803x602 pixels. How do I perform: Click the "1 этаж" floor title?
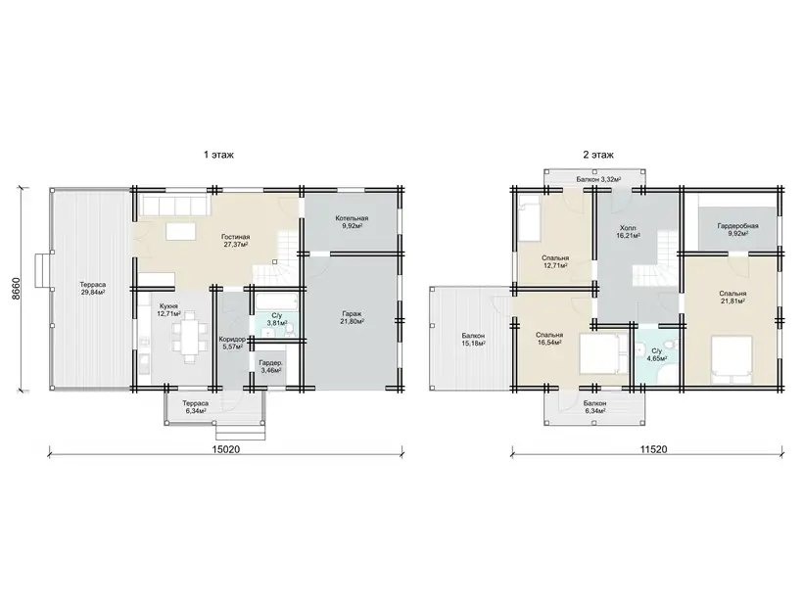pos(218,155)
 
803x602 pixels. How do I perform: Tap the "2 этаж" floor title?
pos(598,155)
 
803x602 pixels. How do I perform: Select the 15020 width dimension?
pos(226,449)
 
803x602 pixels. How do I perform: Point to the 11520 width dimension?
pos(653,449)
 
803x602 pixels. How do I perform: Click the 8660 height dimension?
pos(16,289)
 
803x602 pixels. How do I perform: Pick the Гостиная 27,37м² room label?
pos(236,241)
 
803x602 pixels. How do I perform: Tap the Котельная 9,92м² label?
pos(352,221)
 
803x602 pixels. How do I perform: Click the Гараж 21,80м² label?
pos(352,317)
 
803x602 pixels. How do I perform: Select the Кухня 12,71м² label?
pos(169,309)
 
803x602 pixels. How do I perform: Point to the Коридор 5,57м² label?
pos(232,343)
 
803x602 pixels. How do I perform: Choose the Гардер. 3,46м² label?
pos(270,366)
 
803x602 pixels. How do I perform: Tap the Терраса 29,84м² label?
pos(93,288)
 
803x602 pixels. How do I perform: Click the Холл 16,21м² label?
pos(628,231)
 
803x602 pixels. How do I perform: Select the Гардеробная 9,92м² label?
pos(738,229)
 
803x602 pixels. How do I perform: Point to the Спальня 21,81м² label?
pos(732,297)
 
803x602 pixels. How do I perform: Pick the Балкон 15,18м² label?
pos(473,340)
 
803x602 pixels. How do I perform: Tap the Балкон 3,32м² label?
pos(598,179)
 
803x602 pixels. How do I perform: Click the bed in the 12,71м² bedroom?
pos(530,218)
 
